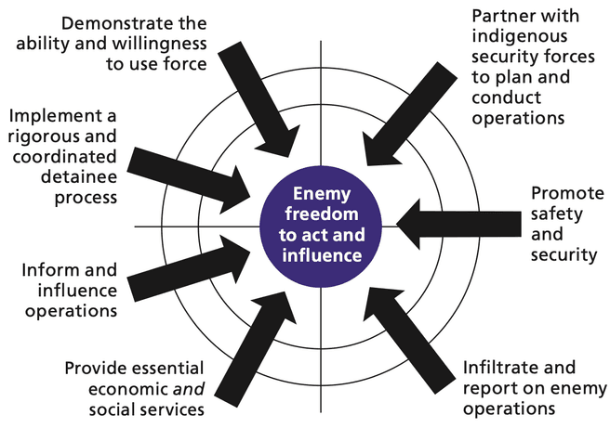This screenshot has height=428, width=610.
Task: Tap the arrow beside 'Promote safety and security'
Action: pyautogui.click(x=456, y=226)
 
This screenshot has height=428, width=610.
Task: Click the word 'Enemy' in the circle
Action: pyautogui.click(x=320, y=193)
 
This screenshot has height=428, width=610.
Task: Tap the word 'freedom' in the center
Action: pyautogui.click(x=321, y=214)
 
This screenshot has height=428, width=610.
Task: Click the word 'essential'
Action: pyautogui.click(x=149, y=368)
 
